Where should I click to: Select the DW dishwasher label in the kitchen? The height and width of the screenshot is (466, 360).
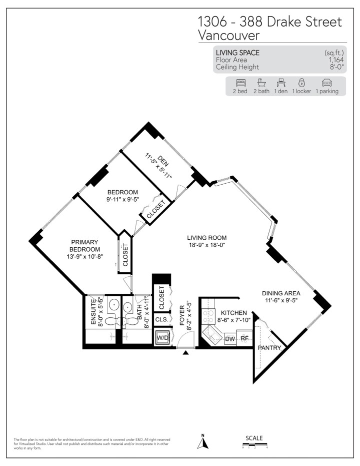tap(230, 339)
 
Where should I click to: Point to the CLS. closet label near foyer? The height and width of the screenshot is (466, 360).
tap(161, 319)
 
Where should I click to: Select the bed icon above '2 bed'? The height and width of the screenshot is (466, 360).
tap(240, 82)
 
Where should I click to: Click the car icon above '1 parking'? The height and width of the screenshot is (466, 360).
tap(326, 82)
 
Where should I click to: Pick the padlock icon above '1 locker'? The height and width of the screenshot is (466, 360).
tap(301, 82)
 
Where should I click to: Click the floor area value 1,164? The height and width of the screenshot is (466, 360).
tap(330, 60)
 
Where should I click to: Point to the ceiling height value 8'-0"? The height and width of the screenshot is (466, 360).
tap(330, 67)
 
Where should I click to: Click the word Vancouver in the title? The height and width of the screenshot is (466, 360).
tap(229, 35)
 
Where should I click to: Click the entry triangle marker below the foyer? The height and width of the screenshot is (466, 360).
tap(186, 353)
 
